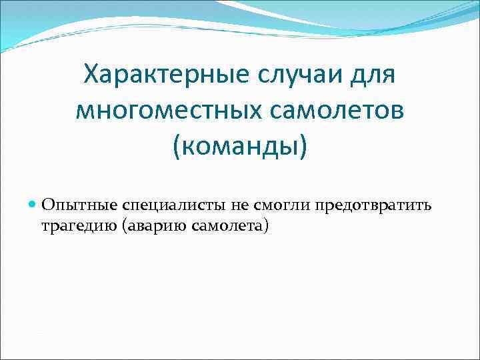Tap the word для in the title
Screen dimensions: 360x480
click(x=374, y=75)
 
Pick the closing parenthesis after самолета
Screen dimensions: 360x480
click(x=265, y=226)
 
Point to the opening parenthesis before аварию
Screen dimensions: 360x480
click(x=125, y=226)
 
